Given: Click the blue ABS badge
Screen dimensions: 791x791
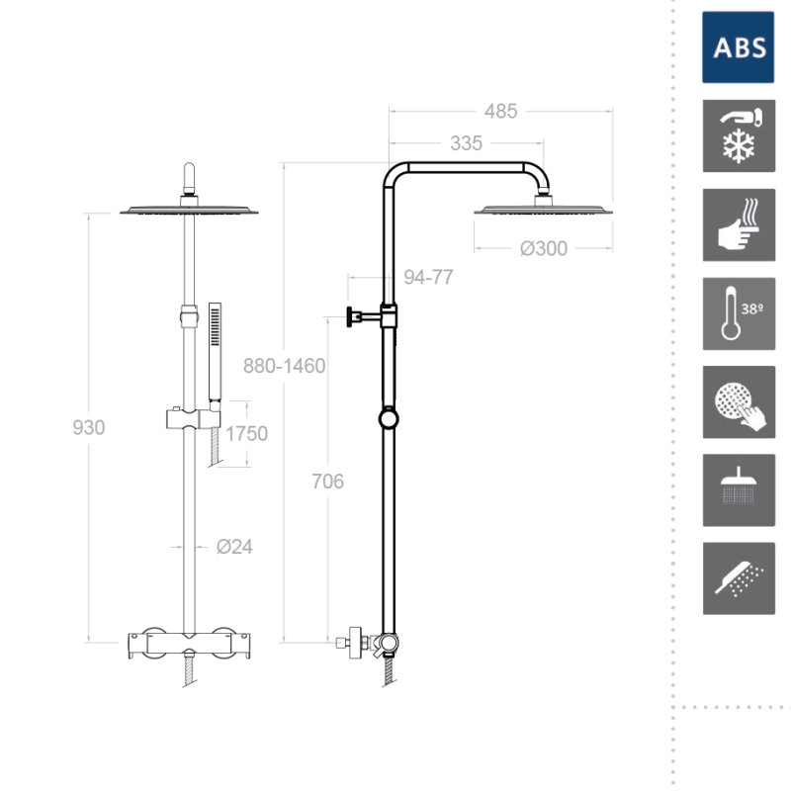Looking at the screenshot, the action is pyautogui.click(x=738, y=47).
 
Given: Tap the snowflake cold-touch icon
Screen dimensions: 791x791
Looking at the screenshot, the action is pyautogui.click(x=739, y=135).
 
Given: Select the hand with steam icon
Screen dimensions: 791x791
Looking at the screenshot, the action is pyautogui.click(x=739, y=225).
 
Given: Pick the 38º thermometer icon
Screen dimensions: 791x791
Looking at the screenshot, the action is pyautogui.click(x=739, y=313).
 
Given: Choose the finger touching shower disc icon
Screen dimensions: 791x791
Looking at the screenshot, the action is pyautogui.click(x=739, y=402).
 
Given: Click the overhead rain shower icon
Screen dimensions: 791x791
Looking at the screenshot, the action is pyautogui.click(x=739, y=490).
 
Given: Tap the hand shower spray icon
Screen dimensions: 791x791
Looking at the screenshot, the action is pyautogui.click(x=739, y=578).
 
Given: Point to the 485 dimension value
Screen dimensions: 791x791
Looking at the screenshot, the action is pyautogui.click(x=501, y=112).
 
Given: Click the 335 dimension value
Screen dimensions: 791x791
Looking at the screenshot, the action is pyautogui.click(x=466, y=143).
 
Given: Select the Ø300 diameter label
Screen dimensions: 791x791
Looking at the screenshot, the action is pyautogui.click(x=544, y=248).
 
